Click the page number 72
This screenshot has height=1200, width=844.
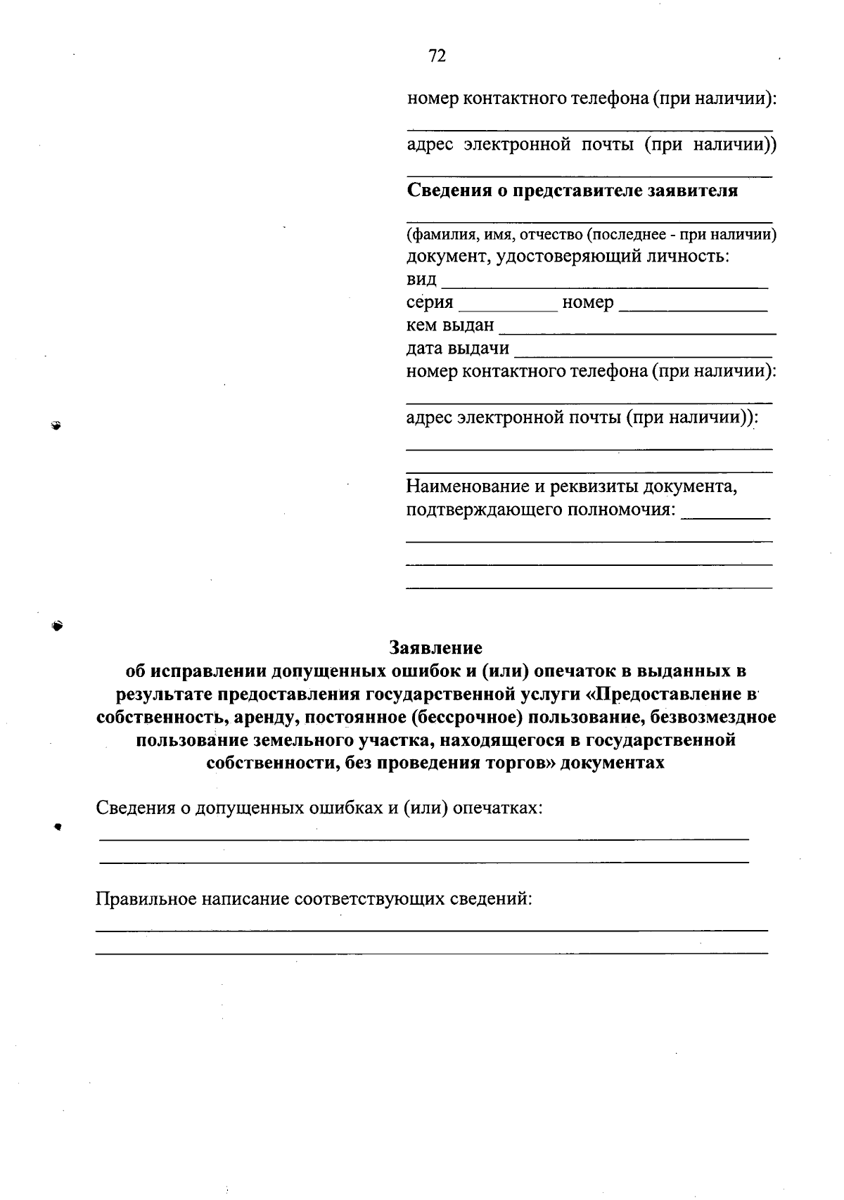tap(437, 56)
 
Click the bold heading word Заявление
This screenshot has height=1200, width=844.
tap(436, 647)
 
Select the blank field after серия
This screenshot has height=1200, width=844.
tap(507, 309)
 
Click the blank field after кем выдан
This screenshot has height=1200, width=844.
tap(637, 331)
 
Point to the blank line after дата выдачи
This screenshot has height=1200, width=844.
tap(643, 354)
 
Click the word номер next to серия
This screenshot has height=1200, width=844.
tap(588, 303)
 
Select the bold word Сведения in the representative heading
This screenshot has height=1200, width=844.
tap(445, 191)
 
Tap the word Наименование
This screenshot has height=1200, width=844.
tap(468, 486)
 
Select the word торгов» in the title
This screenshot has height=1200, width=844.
tap(520, 763)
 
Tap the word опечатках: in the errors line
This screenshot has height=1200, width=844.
tap(497, 808)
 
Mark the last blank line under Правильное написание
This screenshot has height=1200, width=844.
tap(431, 953)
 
